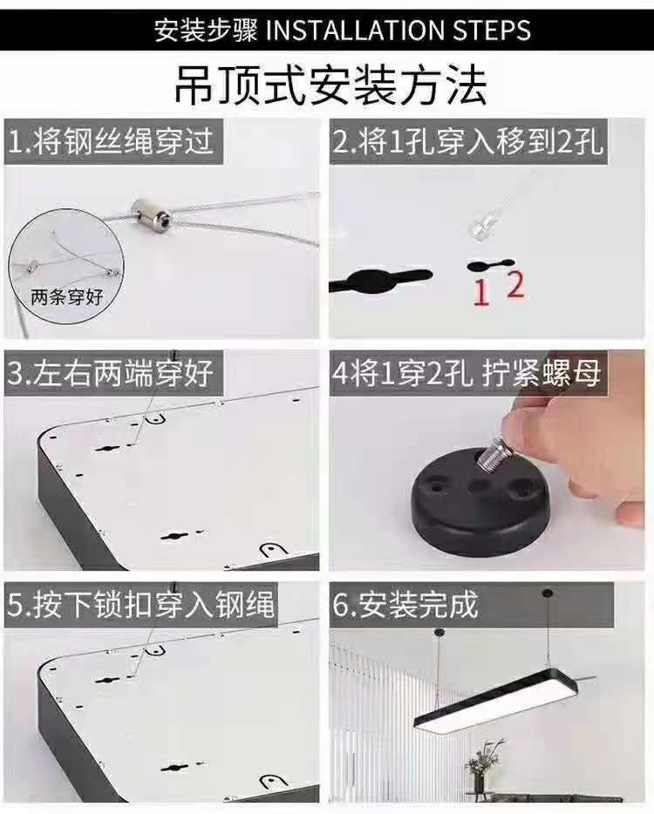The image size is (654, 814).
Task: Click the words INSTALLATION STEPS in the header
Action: tap(399, 30)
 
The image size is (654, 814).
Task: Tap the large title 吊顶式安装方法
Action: tap(330, 85)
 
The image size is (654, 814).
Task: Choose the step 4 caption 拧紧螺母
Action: tap(542, 373)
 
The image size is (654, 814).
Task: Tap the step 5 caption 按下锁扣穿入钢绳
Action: tap(153, 605)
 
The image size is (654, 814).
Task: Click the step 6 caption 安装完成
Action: tap(419, 604)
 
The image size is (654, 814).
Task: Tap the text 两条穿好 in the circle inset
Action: tap(67, 297)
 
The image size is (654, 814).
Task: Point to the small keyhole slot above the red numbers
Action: tap(490, 265)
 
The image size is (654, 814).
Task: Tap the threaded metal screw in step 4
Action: tap(494, 456)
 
